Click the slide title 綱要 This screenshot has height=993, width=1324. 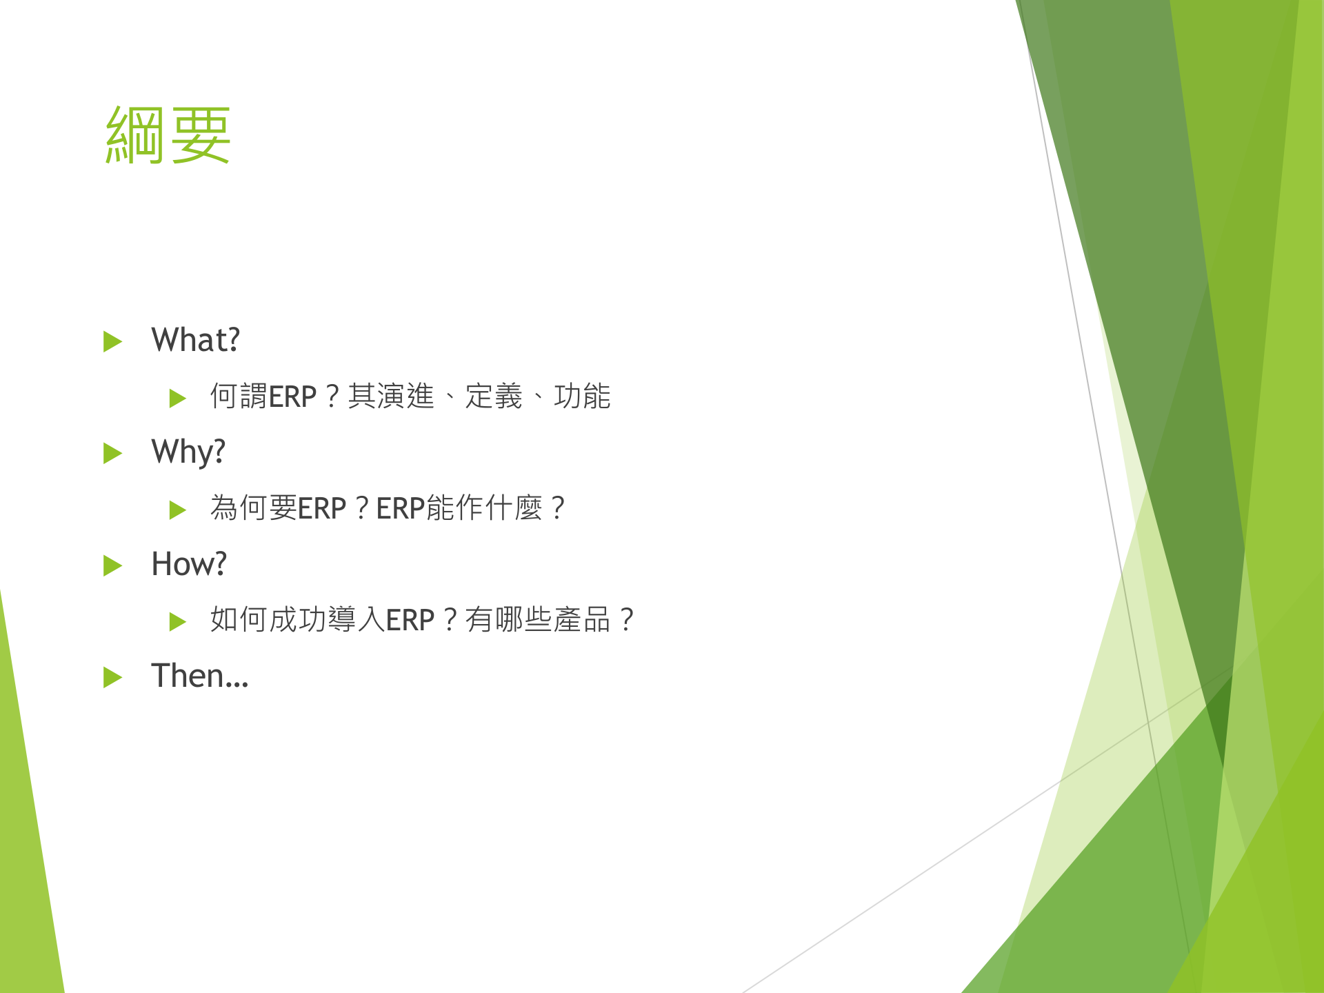pyautogui.click(x=168, y=136)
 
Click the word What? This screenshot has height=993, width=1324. pyautogui.click(x=195, y=340)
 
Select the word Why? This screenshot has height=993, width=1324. pyautogui.click(x=188, y=452)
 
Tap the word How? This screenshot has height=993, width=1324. pyautogui.click(x=188, y=564)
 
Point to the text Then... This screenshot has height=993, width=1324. pyautogui.click(x=199, y=676)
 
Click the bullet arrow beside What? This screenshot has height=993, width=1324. pyautogui.click(x=112, y=341)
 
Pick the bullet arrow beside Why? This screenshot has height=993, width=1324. pyautogui.click(x=112, y=453)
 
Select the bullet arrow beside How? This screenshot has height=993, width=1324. pyautogui.click(x=112, y=565)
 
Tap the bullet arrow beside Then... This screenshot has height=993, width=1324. pyautogui.click(x=112, y=677)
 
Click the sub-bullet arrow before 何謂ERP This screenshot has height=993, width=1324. pyautogui.click(x=177, y=398)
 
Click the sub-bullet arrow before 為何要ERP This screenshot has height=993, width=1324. pyautogui.click(x=177, y=510)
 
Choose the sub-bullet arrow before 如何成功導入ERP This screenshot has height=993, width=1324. pyautogui.click(x=177, y=621)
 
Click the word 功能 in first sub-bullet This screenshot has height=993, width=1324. pyautogui.click(x=581, y=397)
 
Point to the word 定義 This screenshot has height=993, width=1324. pyautogui.click(x=494, y=397)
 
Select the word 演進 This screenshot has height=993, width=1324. pyautogui.click(x=405, y=397)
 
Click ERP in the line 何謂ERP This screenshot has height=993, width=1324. pyautogui.click(x=292, y=397)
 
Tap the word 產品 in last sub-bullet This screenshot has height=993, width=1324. pyautogui.click(x=581, y=620)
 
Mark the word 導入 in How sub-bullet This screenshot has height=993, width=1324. pyautogui.click(x=356, y=620)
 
